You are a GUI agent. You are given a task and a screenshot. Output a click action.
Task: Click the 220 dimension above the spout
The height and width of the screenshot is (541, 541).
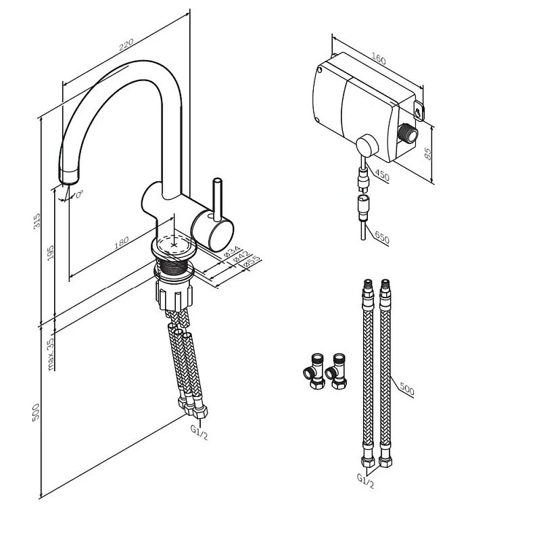[126, 45]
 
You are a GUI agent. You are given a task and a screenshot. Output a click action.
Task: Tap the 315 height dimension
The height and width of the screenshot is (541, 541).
[37, 221]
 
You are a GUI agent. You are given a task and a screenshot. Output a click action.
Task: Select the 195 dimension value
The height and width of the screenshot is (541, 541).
[50, 252]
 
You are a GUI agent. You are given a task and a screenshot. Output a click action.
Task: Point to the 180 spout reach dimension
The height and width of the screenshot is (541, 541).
[122, 242]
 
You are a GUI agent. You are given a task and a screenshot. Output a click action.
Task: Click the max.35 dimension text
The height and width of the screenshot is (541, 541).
[50, 354]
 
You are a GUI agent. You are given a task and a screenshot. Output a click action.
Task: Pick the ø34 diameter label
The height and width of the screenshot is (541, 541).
[232, 251]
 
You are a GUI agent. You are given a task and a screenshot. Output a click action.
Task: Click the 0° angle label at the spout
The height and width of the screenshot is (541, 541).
[80, 194]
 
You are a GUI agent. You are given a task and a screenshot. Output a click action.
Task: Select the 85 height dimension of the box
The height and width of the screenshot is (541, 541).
[427, 154]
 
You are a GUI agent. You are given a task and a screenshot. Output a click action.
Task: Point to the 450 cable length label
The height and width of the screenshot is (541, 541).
[382, 175]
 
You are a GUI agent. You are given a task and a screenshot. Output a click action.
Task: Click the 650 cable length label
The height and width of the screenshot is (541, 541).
[382, 237]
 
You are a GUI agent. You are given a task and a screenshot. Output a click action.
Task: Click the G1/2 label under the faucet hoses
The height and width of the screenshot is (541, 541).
[199, 432]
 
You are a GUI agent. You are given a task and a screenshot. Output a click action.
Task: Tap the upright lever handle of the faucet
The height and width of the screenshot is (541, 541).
[217, 199]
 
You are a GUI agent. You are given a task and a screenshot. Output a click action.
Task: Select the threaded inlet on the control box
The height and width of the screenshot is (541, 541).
[408, 133]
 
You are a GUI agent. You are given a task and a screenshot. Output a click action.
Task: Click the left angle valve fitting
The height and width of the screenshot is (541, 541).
[314, 371]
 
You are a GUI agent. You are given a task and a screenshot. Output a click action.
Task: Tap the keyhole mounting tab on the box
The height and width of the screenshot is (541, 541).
[419, 111]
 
